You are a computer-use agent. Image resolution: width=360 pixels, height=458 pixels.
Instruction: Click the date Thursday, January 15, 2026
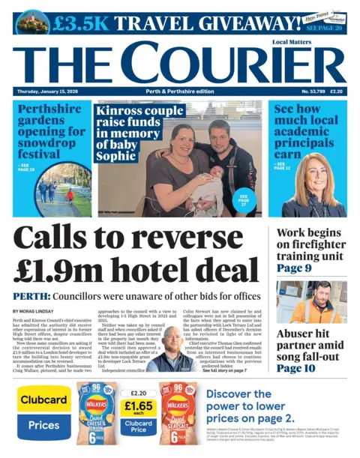pos(50,91)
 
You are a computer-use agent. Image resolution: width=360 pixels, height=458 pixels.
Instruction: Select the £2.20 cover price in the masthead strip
pos(336,91)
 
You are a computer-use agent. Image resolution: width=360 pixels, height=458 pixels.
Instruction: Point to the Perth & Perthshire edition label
pos(180,91)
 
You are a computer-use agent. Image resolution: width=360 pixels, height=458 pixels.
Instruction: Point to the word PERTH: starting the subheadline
pos(31,296)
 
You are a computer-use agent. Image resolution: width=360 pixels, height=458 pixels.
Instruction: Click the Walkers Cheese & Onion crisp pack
pos(95,415)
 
